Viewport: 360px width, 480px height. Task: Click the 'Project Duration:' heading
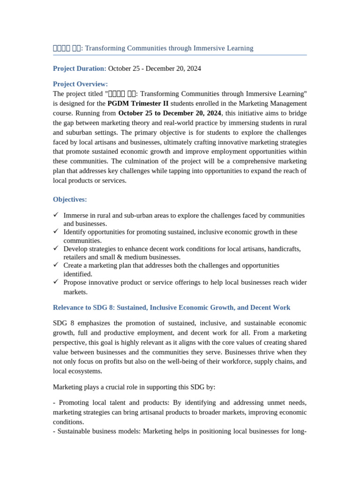click(x=80, y=68)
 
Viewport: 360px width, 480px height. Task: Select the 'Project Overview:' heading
click(x=80, y=84)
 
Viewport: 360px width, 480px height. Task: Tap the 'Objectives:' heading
click(x=70, y=199)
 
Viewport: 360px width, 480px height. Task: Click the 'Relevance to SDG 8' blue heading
click(x=172, y=307)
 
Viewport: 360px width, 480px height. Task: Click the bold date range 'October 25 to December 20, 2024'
click(x=169, y=113)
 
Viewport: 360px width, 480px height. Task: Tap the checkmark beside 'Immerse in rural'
click(x=56, y=215)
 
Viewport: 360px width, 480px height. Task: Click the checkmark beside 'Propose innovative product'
click(x=56, y=282)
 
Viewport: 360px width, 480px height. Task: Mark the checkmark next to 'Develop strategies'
click(x=56, y=248)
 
